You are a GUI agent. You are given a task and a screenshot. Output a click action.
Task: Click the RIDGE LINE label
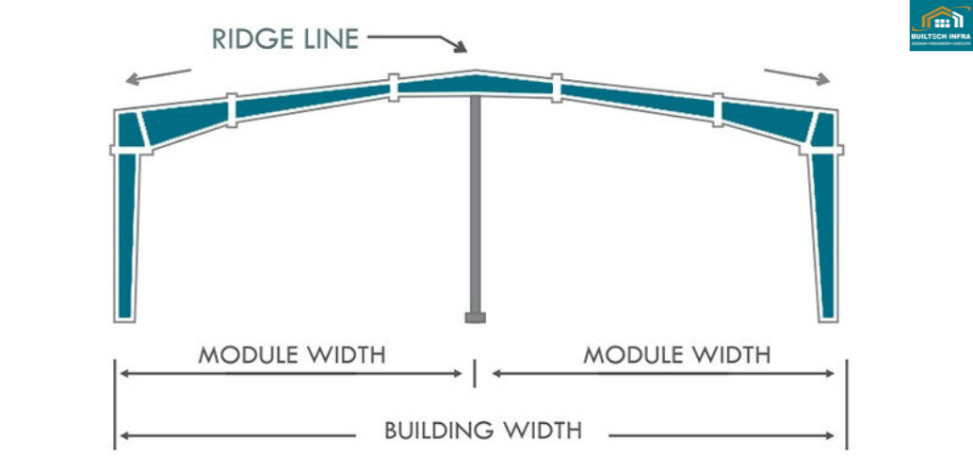point(285,39)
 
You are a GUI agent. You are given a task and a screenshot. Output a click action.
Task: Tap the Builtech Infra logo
point(940,25)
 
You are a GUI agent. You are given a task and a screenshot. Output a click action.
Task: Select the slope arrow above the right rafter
point(797,75)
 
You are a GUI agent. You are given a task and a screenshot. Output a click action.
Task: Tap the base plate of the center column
point(475,318)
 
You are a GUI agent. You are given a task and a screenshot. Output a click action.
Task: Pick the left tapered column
point(127,235)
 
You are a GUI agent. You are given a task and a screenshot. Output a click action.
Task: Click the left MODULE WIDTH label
point(291,355)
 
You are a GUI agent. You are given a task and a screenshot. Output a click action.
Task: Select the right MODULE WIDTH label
point(676,355)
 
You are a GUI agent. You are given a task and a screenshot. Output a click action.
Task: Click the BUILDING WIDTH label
point(482,431)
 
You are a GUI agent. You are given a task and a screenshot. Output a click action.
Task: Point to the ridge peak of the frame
point(476,73)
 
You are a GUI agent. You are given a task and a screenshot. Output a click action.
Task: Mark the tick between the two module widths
point(475,373)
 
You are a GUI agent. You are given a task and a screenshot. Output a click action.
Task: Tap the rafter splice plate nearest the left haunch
point(232,108)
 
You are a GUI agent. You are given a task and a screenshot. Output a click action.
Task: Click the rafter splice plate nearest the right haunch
point(719,108)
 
